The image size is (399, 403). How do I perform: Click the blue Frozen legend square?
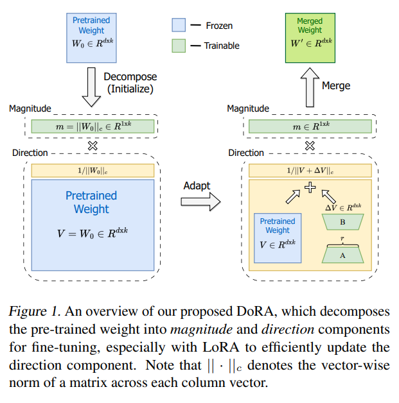pos(179,26)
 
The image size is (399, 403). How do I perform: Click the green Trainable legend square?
pos(179,46)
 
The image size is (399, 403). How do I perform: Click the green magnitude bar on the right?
pos(310,127)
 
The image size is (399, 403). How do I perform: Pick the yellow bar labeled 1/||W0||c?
pos(93,171)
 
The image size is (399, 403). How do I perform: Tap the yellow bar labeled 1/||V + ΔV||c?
pos(310,171)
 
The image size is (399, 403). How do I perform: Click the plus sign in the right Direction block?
pos(310,187)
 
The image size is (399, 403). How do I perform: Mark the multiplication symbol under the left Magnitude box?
pos(93,145)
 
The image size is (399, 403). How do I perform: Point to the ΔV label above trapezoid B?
pos(342,207)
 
